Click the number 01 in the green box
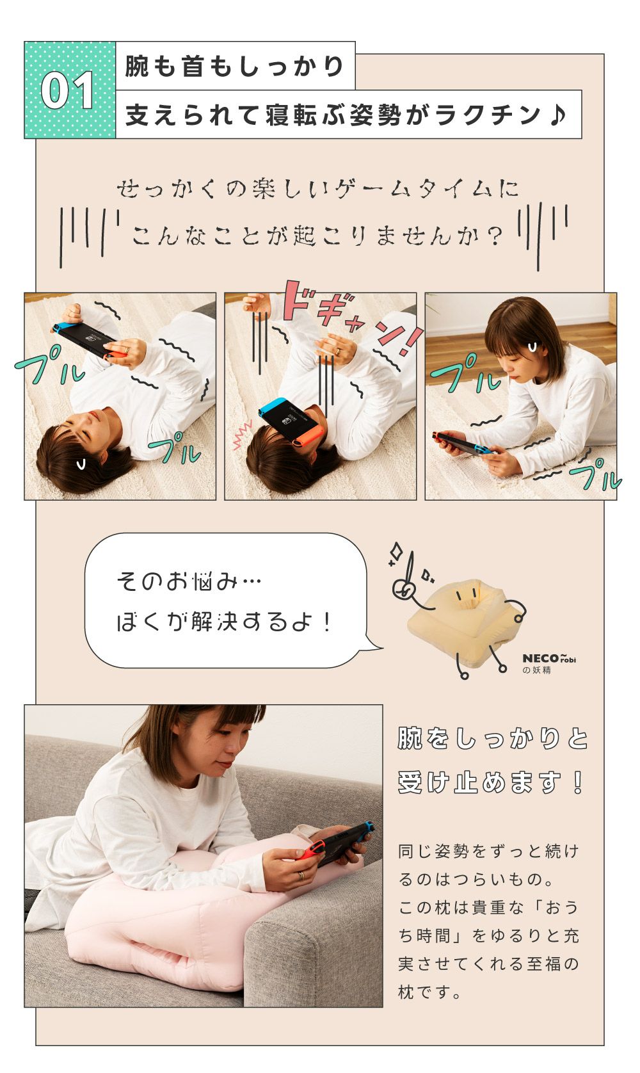[x=67, y=90]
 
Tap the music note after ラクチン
[x=557, y=115]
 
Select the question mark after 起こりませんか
[x=495, y=236]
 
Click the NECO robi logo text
[x=548, y=658]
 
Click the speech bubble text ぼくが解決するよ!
[x=223, y=622]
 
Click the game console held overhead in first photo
[x=91, y=339]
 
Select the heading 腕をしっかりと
[x=493, y=738]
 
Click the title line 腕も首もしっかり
[x=234, y=66]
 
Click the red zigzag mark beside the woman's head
[x=242, y=435]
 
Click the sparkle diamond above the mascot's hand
[x=396, y=551]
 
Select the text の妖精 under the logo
[x=536, y=670]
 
